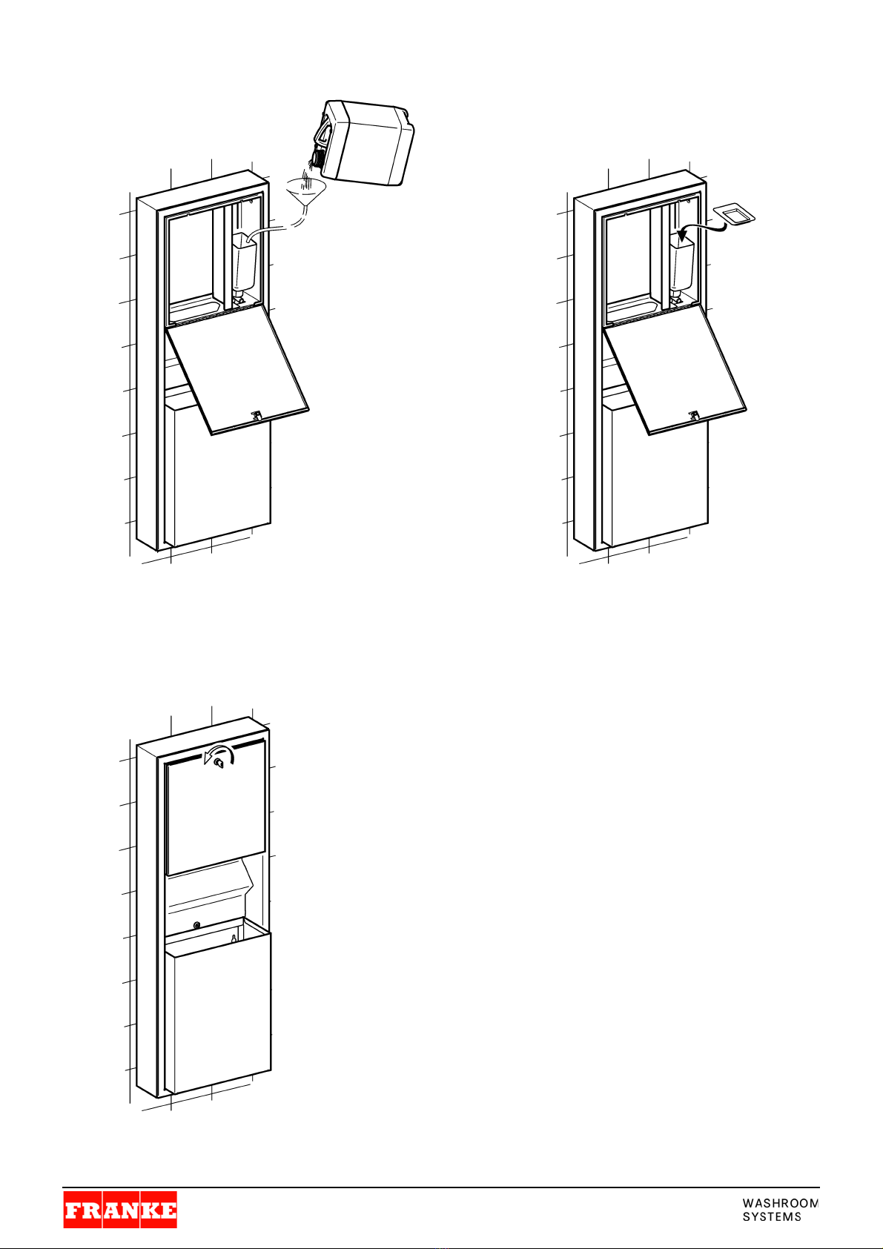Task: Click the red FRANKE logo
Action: pos(120,1210)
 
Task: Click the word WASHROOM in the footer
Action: pos(780,1203)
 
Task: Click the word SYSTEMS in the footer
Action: pos(772,1216)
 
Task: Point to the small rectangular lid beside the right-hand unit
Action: pos(735,216)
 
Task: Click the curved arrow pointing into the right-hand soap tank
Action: pos(701,228)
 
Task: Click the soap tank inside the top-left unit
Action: pos(245,265)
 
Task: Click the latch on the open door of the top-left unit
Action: pos(257,415)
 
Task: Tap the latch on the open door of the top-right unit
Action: pos(694,415)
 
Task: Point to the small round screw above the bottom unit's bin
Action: pos(196,925)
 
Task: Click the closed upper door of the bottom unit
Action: pos(215,806)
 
